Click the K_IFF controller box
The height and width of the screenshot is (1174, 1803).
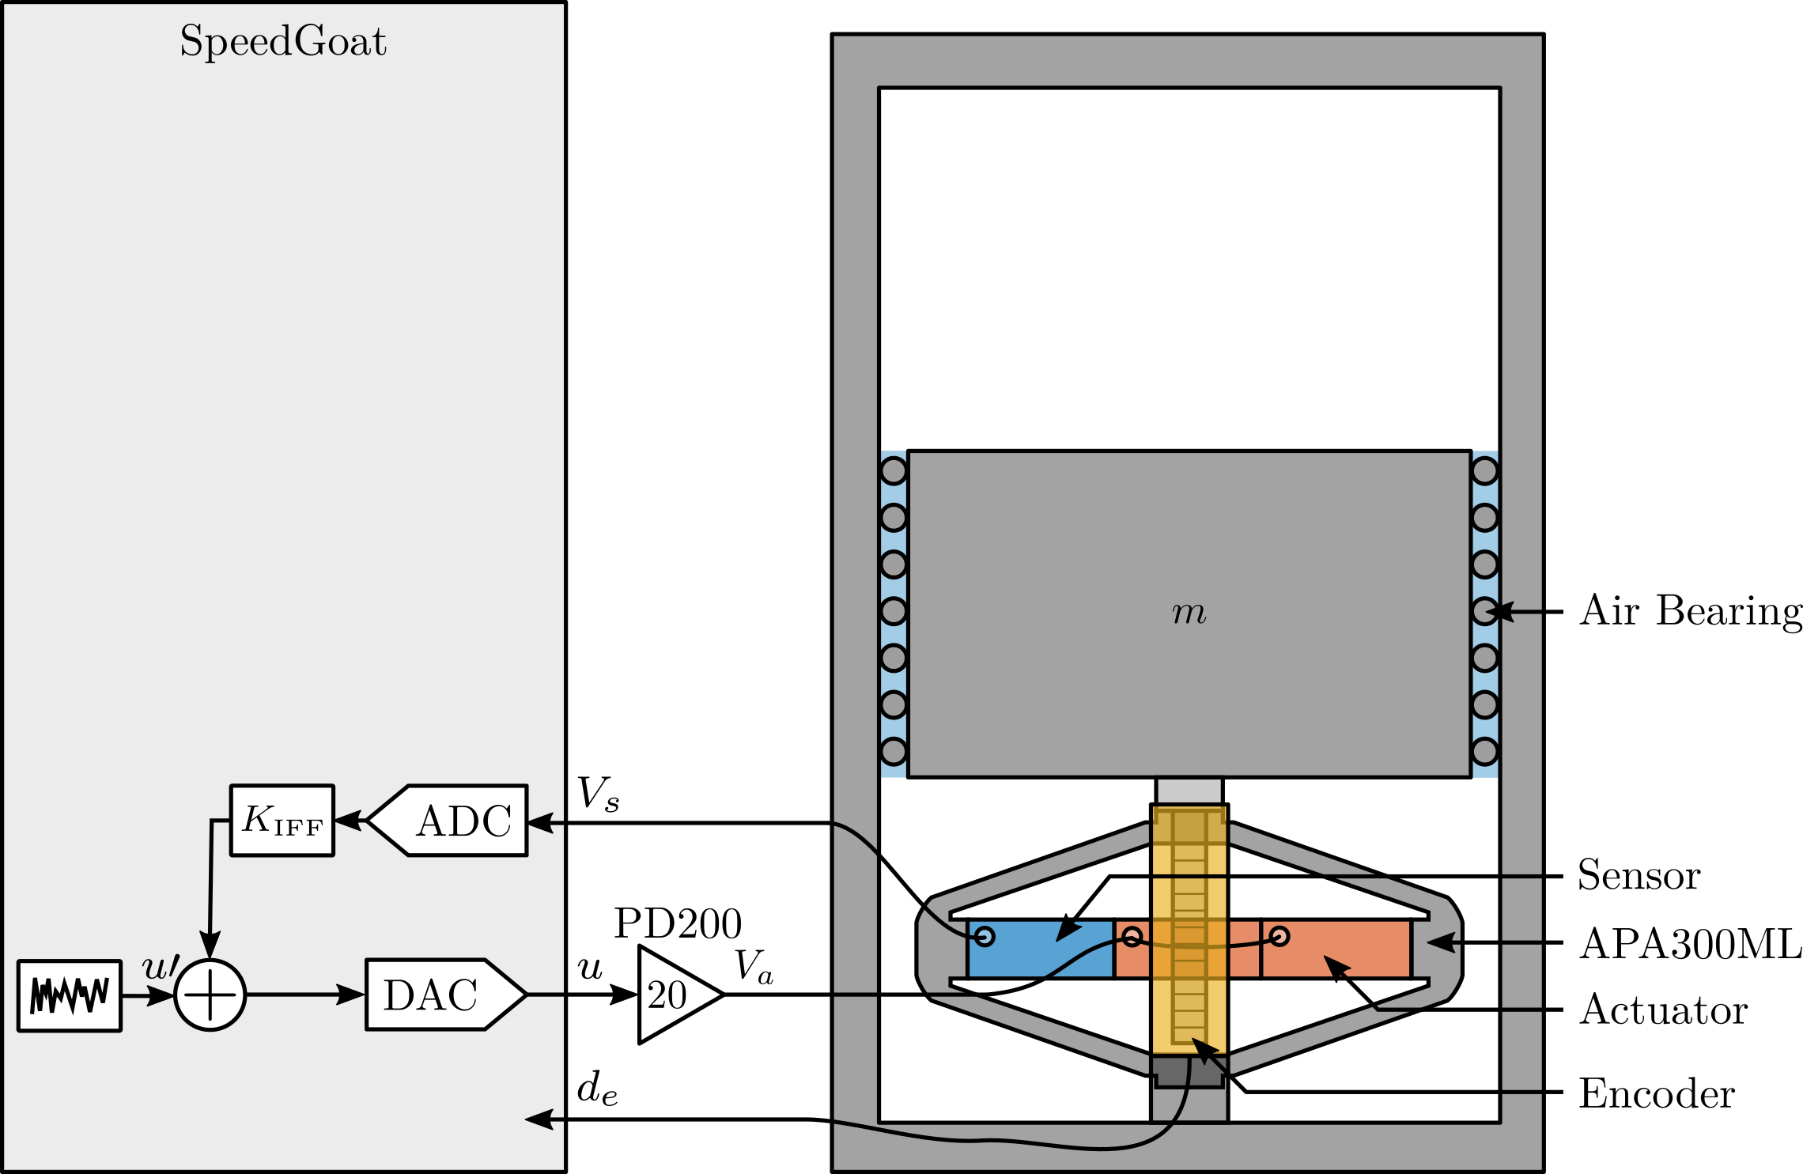(282, 821)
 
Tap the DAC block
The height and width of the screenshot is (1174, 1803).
(439, 995)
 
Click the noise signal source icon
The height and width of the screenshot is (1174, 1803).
(70, 995)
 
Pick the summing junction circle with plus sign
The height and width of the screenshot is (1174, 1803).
(210, 995)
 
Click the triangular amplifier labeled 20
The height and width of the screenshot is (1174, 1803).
(672, 995)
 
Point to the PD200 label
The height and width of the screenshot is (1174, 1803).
(678, 923)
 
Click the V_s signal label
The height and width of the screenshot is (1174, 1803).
(598, 794)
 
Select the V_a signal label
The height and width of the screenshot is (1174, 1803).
(753, 966)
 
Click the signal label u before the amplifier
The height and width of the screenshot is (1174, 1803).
(590, 968)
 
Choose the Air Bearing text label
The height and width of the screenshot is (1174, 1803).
(1690, 611)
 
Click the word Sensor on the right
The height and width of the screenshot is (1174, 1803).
(1639, 875)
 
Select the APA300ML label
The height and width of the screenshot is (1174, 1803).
(1690, 943)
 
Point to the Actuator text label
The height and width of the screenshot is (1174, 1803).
(1663, 1010)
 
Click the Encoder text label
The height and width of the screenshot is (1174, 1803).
(1657, 1093)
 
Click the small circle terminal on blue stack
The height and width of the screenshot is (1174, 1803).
(985, 937)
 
